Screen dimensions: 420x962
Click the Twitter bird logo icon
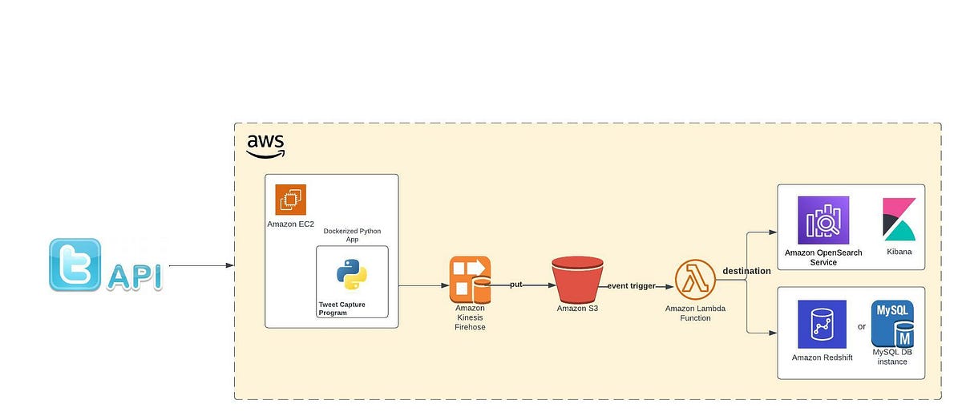(x=75, y=264)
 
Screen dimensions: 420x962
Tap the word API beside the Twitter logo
(x=134, y=277)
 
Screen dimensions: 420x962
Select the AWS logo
(x=265, y=145)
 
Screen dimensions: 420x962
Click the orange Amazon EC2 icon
(x=290, y=200)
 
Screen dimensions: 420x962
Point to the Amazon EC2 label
(x=290, y=224)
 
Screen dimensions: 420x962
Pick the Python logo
(x=352, y=274)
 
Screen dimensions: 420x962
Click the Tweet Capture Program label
(x=342, y=309)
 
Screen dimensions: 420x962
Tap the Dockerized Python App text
(x=352, y=235)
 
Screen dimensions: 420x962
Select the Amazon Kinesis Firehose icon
(x=470, y=278)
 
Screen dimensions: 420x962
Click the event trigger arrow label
(x=632, y=285)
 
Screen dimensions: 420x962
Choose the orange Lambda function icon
(x=694, y=280)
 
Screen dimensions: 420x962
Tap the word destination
(x=746, y=271)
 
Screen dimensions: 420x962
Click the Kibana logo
(x=899, y=219)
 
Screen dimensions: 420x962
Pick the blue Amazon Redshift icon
(x=822, y=325)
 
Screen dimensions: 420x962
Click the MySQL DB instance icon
(x=892, y=325)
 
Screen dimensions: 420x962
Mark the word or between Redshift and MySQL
(x=862, y=325)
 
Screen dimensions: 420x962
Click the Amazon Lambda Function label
(x=694, y=313)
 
